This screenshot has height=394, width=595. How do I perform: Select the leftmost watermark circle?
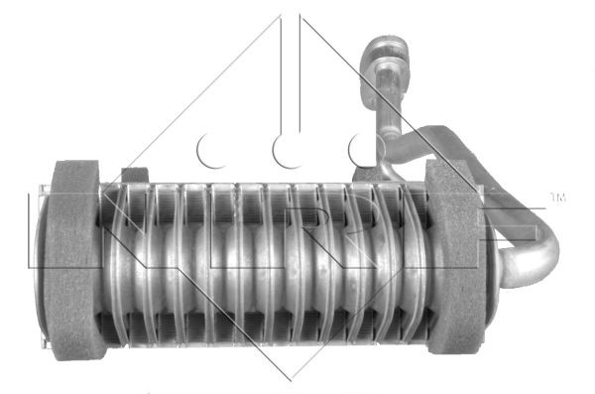213,149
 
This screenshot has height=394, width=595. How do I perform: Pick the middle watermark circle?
290,149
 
